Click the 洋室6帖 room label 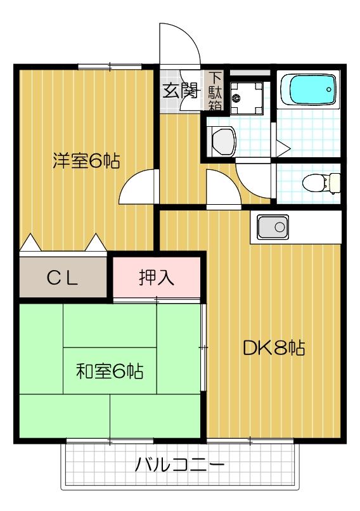[x=86, y=161]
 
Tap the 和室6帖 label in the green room [x=109, y=370]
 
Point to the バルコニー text [x=179, y=468]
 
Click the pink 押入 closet [x=157, y=277]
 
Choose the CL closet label [x=63, y=278]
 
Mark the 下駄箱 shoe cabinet [x=215, y=90]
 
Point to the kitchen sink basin [x=273, y=227]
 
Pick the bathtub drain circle [x=329, y=89]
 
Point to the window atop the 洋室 [x=110, y=66]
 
